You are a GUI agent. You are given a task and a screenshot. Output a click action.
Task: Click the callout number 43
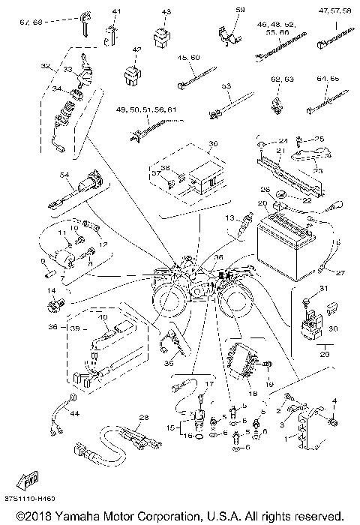(x=166, y=12)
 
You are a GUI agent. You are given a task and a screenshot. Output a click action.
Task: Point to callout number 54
(x=64, y=175)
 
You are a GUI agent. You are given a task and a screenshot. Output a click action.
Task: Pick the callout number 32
(x=46, y=65)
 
